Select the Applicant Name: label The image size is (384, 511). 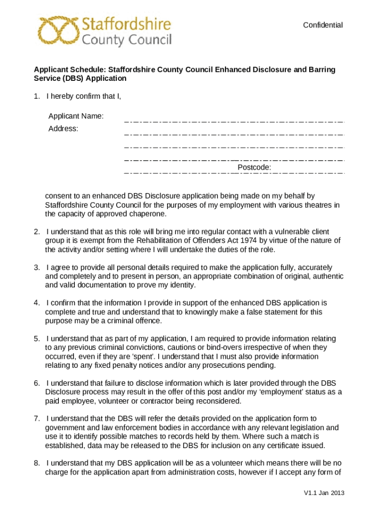(76, 116)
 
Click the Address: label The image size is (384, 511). (63, 129)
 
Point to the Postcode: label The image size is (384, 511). (254, 167)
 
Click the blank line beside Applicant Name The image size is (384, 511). (234, 121)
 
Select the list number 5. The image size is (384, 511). (37, 338)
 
